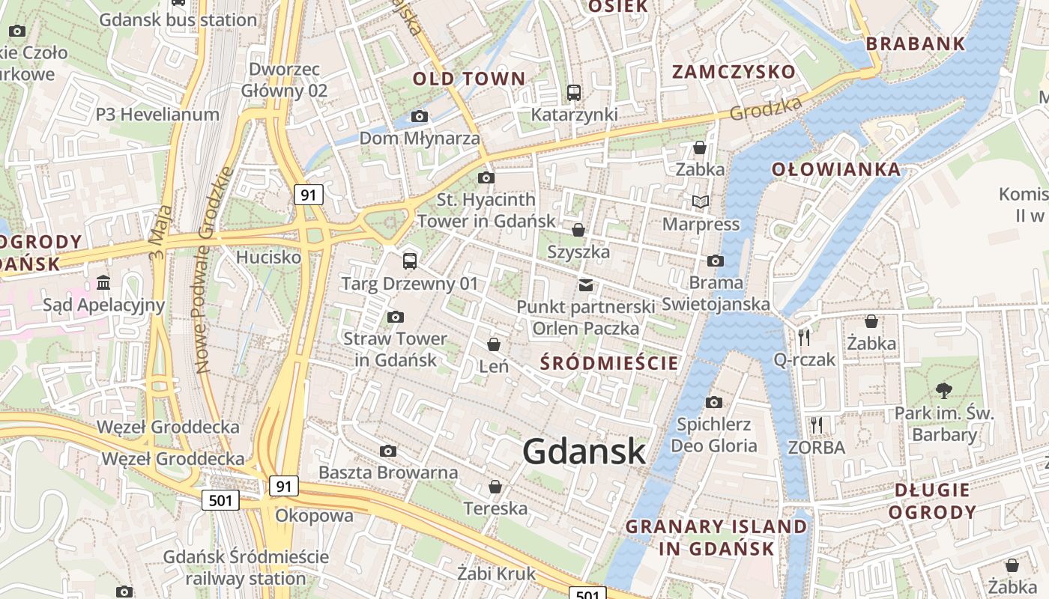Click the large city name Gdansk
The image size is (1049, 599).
click(x=584, y=451)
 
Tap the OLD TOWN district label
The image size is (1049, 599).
click(x=469, y=79)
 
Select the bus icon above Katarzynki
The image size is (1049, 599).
click(x=574, y=93)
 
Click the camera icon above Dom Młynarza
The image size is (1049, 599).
click(x=420, y=116)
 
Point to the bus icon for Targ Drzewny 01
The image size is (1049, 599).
click(x=409, y=261)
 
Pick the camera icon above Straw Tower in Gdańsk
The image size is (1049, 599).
click(x=396, y=317)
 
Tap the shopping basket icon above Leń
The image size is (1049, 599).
click(x=494, y=344)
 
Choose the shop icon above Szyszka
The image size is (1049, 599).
click(x=578, y=229)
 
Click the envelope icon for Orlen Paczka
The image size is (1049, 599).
click(x=585, y=285)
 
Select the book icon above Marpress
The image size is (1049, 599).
click(x=700, y=201)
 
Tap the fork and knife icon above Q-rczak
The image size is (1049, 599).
click(x=804, y=337)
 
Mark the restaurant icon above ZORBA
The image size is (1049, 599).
click(x=817, y=425)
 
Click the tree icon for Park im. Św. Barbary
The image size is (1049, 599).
click(x=944, y=389)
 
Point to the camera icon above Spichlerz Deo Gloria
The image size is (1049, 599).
click(x=714, y=402)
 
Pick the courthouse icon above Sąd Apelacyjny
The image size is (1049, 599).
click(x=103, y=282)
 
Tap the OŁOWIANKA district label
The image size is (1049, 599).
click(x=836, y=169)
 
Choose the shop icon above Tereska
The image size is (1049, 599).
click(x=495, y=487)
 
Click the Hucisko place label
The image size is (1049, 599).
click(x=268, y=258)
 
